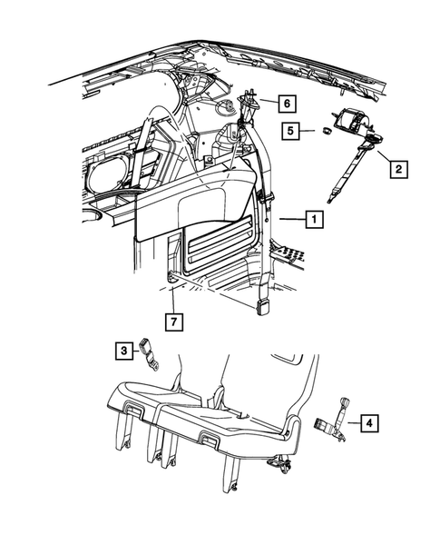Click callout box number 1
click(311, 219)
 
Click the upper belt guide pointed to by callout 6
click(247, 102)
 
